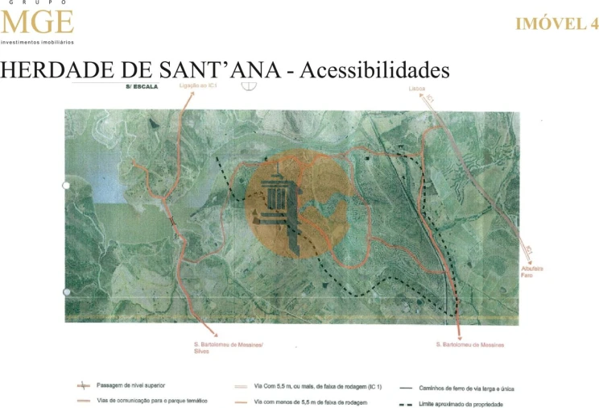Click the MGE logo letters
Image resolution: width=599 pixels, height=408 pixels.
point(37,22)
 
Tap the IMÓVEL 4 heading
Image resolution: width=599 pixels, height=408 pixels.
point(556,24)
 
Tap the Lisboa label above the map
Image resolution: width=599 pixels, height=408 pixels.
point(417,89)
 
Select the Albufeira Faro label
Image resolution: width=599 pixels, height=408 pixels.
point(531,272)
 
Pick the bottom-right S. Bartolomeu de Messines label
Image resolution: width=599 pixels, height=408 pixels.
point(469,345)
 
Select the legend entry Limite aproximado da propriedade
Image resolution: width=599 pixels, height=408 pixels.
point(461,402)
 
